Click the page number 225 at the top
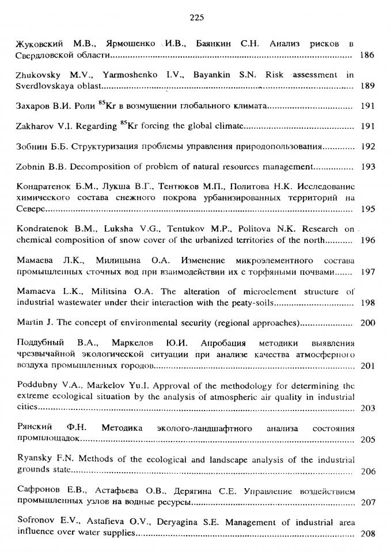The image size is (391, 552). [196, 18]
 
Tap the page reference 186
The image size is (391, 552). [367, 56]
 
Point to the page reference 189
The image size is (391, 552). [367, 86]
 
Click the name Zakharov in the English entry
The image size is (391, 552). [34, 126]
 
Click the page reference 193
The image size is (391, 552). [367, 167]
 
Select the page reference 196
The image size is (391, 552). [367, 239]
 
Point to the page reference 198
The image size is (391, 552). [367, 302]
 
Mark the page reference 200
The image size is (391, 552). [367, 323]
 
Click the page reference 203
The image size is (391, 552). [367, 408]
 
